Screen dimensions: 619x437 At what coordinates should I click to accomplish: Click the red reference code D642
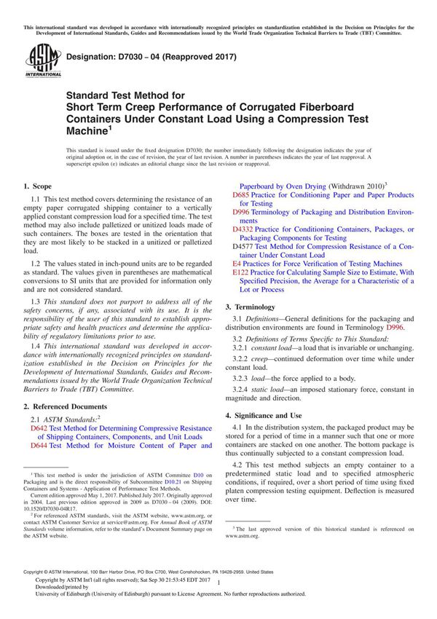click(x=39, y=429)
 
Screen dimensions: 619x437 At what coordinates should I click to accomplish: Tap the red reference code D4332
click(x=244, y=229)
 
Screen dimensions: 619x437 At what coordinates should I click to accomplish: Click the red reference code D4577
click(x=244, y=246)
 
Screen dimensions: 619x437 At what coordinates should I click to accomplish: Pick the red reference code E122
click(x=241, y=272)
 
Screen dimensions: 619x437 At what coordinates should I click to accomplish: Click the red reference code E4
click(x=237, y=263)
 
